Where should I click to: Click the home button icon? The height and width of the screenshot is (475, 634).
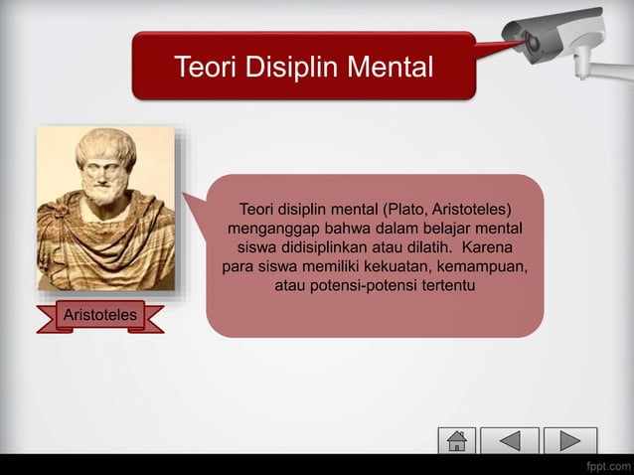(457, 440)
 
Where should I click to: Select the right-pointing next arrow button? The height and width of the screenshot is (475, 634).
(571, 440)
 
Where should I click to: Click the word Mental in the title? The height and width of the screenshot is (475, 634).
(393, 69)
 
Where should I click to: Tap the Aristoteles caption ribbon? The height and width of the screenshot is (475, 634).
(99, 317)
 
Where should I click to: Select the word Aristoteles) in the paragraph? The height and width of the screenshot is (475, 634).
(472, 212)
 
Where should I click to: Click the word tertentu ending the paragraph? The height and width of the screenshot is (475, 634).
(444, 287)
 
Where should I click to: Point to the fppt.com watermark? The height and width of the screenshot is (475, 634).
(606, 464)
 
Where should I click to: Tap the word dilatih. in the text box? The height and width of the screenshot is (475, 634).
(424, 249)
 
